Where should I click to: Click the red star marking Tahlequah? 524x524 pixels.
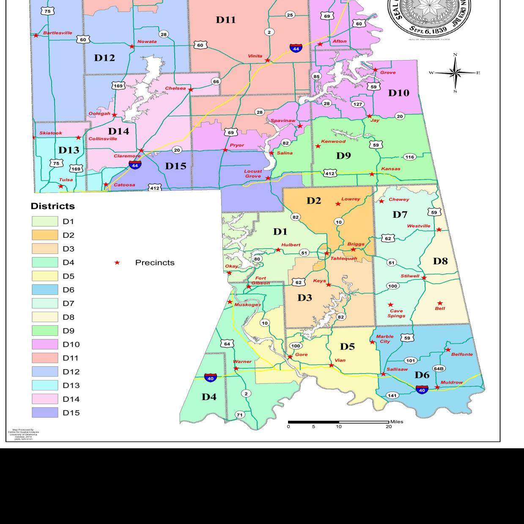(326, 253)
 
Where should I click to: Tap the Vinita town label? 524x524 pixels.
(255, 56)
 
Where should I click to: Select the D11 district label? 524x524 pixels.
(226, 19)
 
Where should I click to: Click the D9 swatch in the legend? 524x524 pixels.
(45, 331)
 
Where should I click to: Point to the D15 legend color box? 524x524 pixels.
(45, 413)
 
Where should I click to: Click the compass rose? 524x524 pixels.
(455, 73)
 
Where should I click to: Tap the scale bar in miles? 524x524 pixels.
(338, 422)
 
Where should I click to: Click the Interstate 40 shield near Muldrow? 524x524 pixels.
(422, 389)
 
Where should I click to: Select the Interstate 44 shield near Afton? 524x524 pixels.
(296, 48)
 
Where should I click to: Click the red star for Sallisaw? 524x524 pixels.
(383, 374)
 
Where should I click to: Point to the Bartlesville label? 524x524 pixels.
(58, 33)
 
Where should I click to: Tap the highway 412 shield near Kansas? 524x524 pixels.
(329, 173)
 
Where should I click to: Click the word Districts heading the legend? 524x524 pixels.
(52, 206)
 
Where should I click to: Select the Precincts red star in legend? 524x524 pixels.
(117, 263)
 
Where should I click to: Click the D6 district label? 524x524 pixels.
(422, 375)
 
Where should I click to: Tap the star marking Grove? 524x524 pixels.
(375, 70)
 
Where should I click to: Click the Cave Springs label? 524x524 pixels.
(396, 313)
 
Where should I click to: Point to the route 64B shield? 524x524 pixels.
(439, 368)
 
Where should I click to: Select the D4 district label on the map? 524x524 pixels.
(209, 397)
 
